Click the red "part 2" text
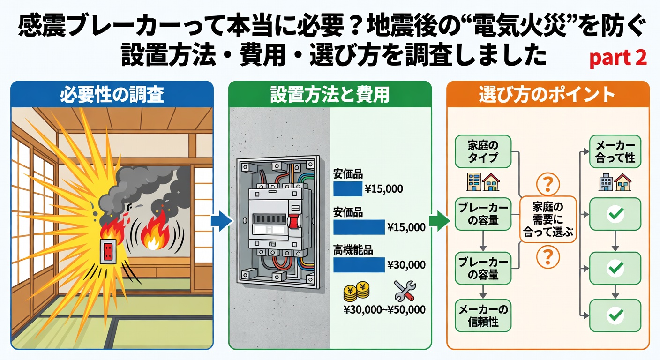(x=617, y=58)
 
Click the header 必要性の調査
(x=112, y=95)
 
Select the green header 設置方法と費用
(x=330, y=95)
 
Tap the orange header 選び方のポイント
(x=547, y=95)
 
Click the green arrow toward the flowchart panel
(x=438, y=221)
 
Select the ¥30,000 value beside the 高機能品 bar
(x=406, y=265)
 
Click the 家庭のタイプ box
(x=483, y=151)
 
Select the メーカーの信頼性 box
(x=483, y=315)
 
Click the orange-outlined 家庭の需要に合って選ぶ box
(x=548, y=219)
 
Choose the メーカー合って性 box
(x=615, y=151)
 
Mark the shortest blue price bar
(x=347, y=189)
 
